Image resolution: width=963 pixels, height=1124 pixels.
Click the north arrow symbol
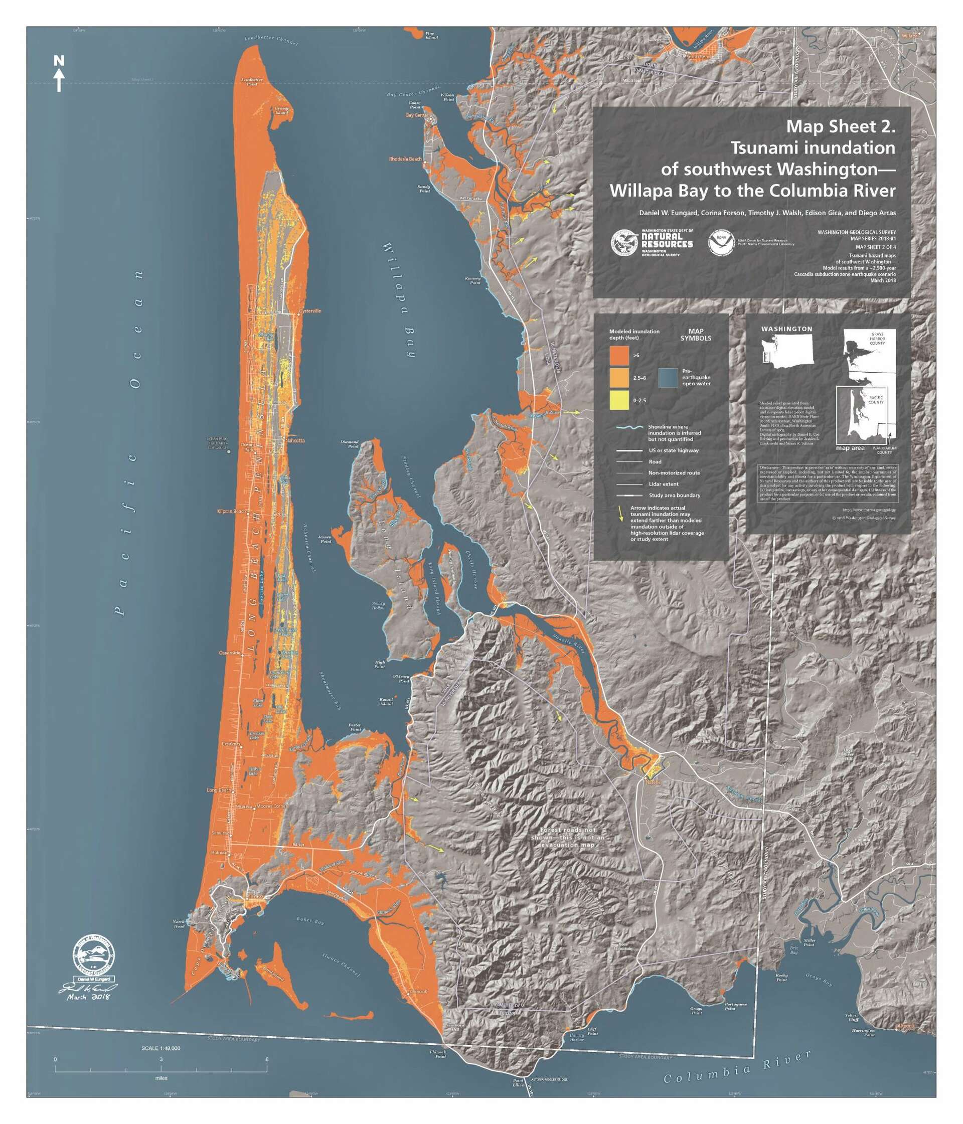click(x=59, y=74)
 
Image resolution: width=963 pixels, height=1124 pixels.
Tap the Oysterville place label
click(x=311, y=311)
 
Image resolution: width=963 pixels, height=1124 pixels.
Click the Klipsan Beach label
click(x=231, y=511)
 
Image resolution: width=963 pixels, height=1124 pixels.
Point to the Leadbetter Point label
click(x=252, y=81)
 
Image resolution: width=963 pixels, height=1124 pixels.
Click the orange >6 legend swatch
click(x=619, y=355)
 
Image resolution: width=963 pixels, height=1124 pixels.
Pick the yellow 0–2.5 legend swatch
click(x=619, y=400)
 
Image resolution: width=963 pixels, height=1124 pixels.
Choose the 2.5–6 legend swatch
click(x=619, y=378)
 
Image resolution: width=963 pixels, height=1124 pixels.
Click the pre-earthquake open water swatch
click(x=668, y=378)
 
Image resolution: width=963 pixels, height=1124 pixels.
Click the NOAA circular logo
click(x=721, y=242)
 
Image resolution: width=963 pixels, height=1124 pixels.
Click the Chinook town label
click(x=418, y=992)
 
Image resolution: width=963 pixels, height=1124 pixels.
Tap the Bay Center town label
click(x=416, y=115)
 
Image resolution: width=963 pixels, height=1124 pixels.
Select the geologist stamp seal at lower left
click(x=94, y=952)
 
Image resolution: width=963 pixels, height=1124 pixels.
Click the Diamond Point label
click(x=351, y=444)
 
